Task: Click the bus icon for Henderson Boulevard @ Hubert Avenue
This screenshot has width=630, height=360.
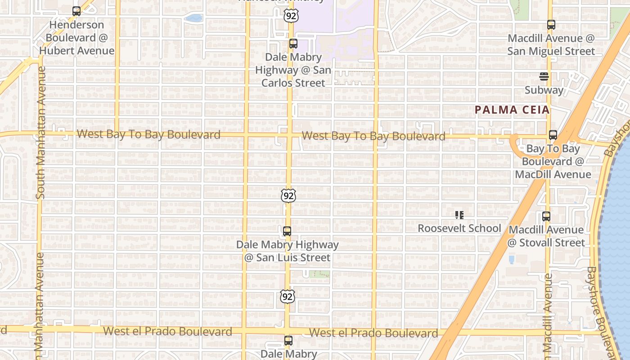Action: [x=76, y=11]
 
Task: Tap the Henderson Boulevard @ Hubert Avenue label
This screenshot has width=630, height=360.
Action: [x=76, y=38]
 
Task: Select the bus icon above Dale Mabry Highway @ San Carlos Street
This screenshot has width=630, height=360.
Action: [x=293, y=44]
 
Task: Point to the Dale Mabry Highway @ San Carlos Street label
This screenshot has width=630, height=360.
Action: [x=293, y=70]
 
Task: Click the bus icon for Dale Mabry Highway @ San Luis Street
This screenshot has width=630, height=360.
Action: [x=287, y=231]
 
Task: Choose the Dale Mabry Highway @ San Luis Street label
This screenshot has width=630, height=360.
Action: [x=288, y=251]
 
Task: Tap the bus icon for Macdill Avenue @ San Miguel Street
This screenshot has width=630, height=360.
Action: [x=551, y=25]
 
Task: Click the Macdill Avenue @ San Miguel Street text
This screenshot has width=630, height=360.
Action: [x=551, y=45]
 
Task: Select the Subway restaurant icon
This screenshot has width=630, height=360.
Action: [x=544, y=76]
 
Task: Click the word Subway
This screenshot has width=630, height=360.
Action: [x=544, y=90]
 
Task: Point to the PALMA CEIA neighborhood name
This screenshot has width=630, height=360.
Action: [x=513, y=110]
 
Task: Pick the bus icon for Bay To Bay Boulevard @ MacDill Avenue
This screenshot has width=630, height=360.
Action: [x=553, y=135]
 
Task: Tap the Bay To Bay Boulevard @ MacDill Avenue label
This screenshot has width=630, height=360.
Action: [x=553, y=161]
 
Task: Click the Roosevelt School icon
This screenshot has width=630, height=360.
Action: [x=459, y=215]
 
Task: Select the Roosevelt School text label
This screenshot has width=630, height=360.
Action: [x=459, y=229]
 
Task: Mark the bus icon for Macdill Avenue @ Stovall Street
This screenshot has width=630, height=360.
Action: [x=546, y=216]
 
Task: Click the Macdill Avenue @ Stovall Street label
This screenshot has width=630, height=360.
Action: [x=546, y=236]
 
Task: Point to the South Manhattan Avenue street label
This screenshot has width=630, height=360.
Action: [x=40, y=133]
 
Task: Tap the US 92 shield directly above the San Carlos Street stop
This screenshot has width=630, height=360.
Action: [x=291, y=16]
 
